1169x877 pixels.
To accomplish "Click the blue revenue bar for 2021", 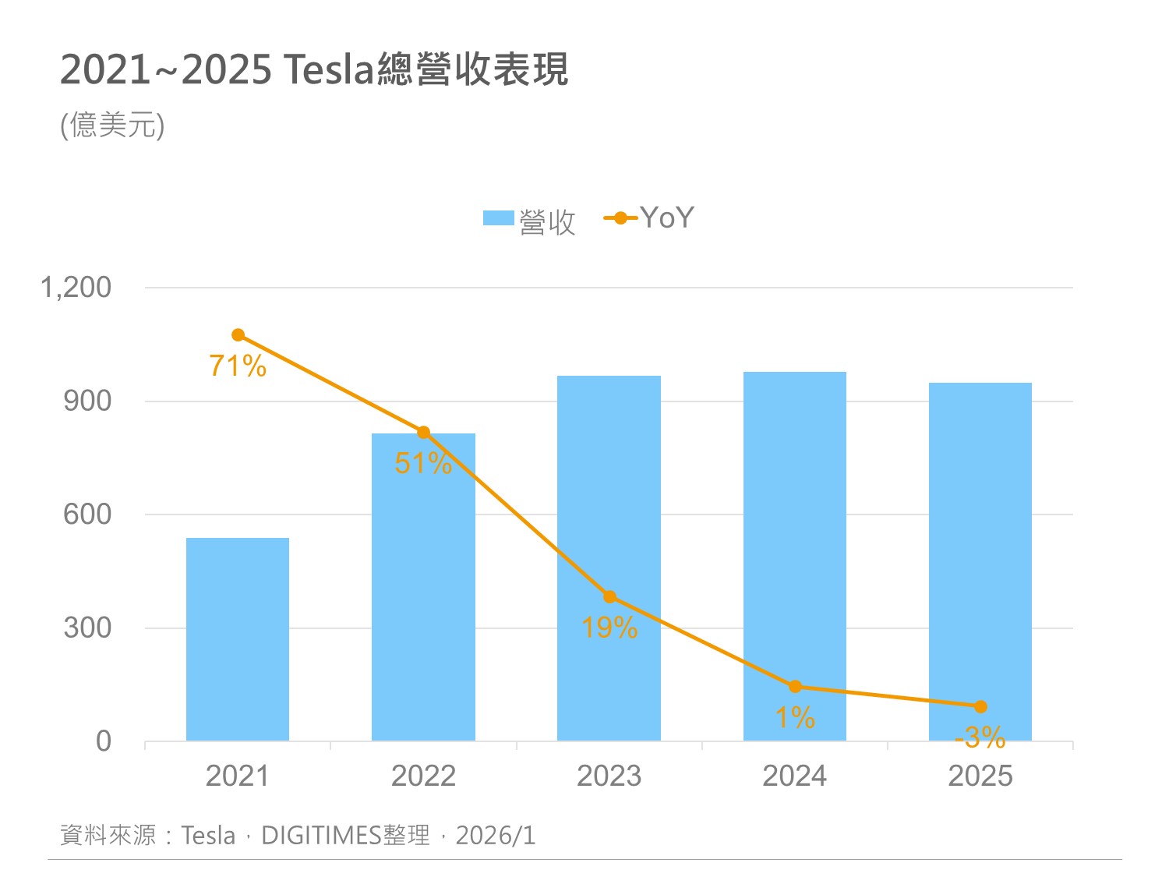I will pos(238,639).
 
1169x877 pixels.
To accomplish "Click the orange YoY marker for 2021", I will pos(238,335).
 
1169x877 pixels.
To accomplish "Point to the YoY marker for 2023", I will pos(609,597).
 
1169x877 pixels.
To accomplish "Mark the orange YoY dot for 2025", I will pos(980,707).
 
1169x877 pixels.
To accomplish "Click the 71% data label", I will pos(238,366).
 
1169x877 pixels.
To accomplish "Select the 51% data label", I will pos(423,464).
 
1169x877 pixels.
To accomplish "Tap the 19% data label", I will pos(609,628).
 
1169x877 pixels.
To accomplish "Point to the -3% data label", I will pos(980,737).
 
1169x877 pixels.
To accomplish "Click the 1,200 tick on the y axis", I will pos(76,288).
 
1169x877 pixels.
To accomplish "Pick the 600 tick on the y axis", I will pos(87,515).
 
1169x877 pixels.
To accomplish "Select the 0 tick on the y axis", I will pos(104,741).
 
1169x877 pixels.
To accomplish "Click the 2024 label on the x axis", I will pos(794,776).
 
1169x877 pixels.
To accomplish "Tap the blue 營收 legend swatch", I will pos(499,218).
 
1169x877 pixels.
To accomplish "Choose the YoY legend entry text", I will pos(666,218).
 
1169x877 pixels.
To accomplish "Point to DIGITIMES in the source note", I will pos(321,836).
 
